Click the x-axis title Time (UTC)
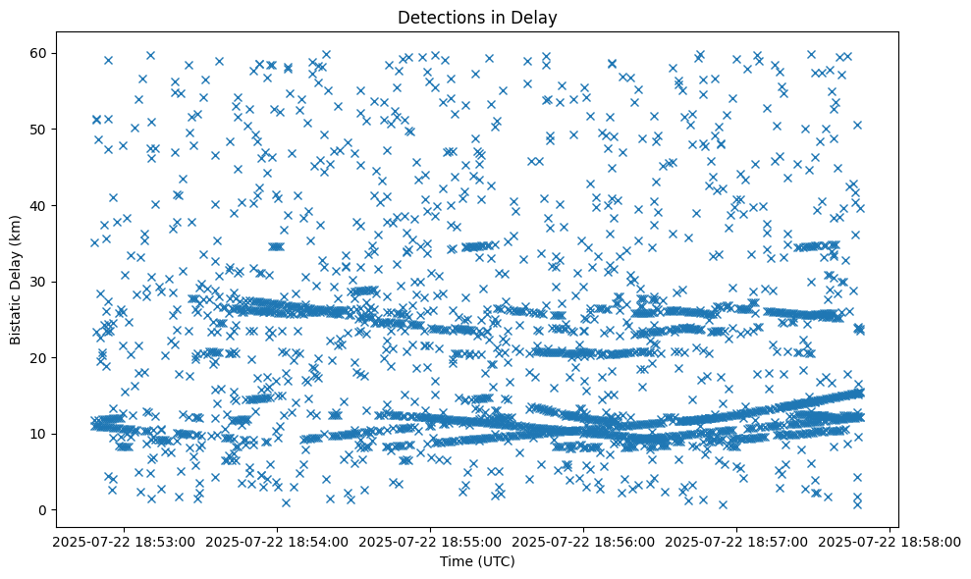point(478,561)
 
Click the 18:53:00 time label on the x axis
point(124,540)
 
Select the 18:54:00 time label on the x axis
point(277,540)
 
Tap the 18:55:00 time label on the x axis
point(430,540)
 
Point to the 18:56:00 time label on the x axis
point(584,540)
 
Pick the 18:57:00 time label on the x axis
point(737,540)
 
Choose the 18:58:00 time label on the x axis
point(890,540)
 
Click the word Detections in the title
point(435,17)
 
